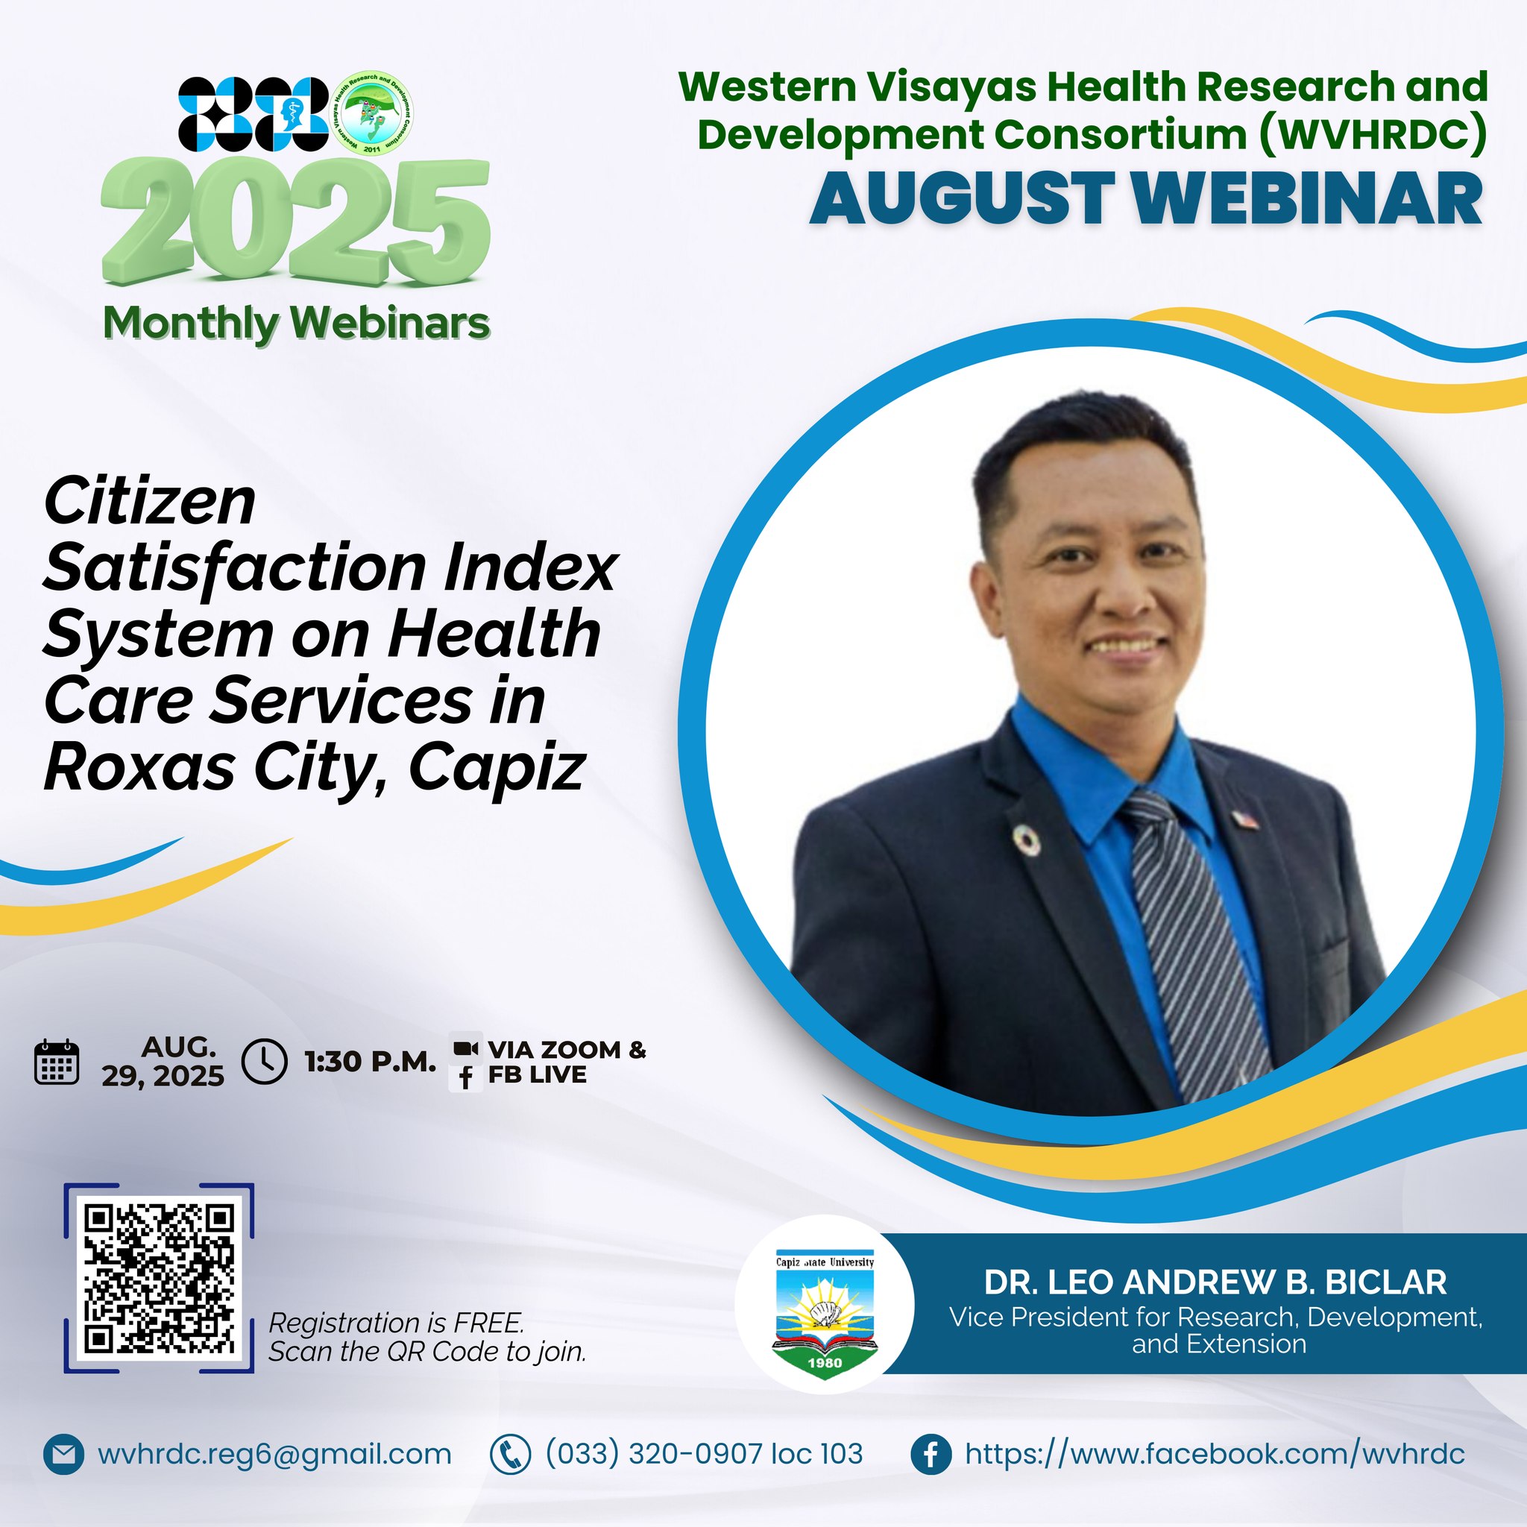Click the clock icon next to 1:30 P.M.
tap(264, 1061)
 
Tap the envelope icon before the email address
tap(63, 1454)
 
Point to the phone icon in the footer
tap(510, 1454)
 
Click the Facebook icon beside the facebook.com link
tap(931, 1454)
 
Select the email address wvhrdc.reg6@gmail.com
tap(274, 1454)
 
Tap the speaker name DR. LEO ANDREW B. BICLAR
tap(1215, 1282)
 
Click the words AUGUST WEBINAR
tap(1146, 199)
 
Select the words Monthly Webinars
tap(297, 324)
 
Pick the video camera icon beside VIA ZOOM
tap(465, 1049)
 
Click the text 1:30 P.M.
tap(371, 1062)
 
